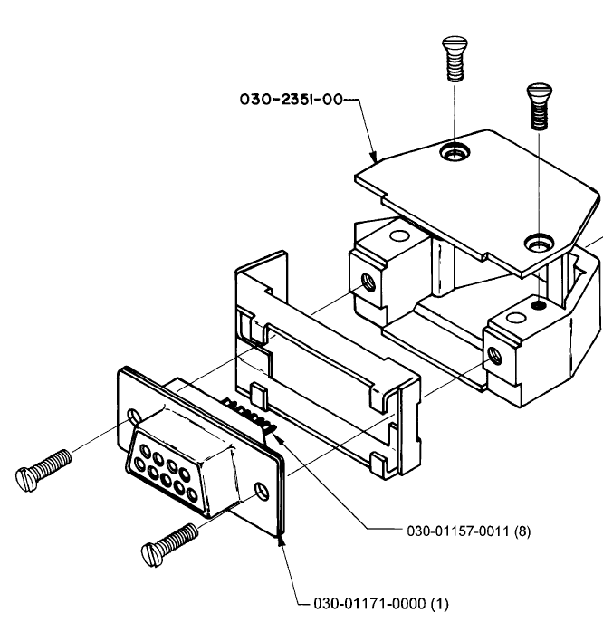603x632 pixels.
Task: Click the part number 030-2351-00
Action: tap(291, 100)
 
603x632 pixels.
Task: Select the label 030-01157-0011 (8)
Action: tap(469, 531)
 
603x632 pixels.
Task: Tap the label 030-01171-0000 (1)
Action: tap(381, 603)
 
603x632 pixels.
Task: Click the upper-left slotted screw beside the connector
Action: tap(43, 470)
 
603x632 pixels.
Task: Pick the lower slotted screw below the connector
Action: tap(169, 544)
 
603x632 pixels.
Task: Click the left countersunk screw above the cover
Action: tap(455, 59)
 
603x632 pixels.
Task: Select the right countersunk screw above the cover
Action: tap(540, 107)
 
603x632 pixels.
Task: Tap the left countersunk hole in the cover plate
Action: tap(455, 152)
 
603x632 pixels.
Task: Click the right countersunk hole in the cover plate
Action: tap(539, 243)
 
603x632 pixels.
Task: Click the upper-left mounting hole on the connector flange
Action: tap(134, 417)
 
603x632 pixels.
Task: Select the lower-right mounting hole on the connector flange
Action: tap(263, 492)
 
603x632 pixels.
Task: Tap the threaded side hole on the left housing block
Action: tap(368, 282)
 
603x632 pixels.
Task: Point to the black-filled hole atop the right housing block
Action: tap(538, 305)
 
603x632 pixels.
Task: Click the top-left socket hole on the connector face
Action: tap(144, 449)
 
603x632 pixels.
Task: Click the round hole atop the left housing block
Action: tap(400, 235)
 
